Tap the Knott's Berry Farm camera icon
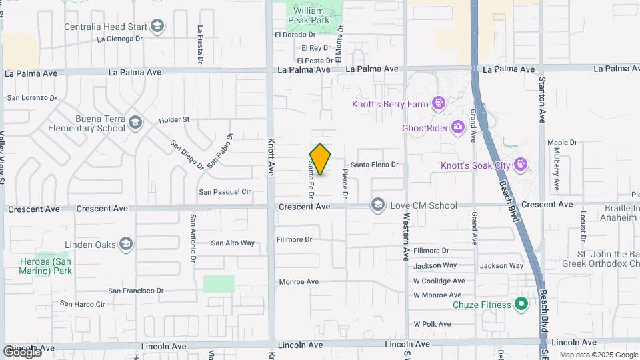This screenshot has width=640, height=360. coord(438,103)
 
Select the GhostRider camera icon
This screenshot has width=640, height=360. coord(457,127)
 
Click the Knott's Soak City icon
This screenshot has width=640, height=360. coord(521,165)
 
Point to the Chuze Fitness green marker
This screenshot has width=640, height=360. coord(522,305)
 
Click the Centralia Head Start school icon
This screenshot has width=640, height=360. coord(157,27)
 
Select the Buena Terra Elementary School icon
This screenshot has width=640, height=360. coord(135,123)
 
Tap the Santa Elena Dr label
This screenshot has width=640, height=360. coord(374,165)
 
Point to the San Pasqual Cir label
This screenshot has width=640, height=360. coord(225,192)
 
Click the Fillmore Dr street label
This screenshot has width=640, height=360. coord(294,239)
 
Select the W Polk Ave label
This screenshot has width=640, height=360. coord(433,323)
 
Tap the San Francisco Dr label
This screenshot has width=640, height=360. coord(136,291)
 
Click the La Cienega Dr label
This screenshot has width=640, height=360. coord(120,39)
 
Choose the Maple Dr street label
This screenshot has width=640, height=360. coord(562,143)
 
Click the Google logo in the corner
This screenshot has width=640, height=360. coord(22,351)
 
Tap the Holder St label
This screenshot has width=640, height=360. coord(174,120)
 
